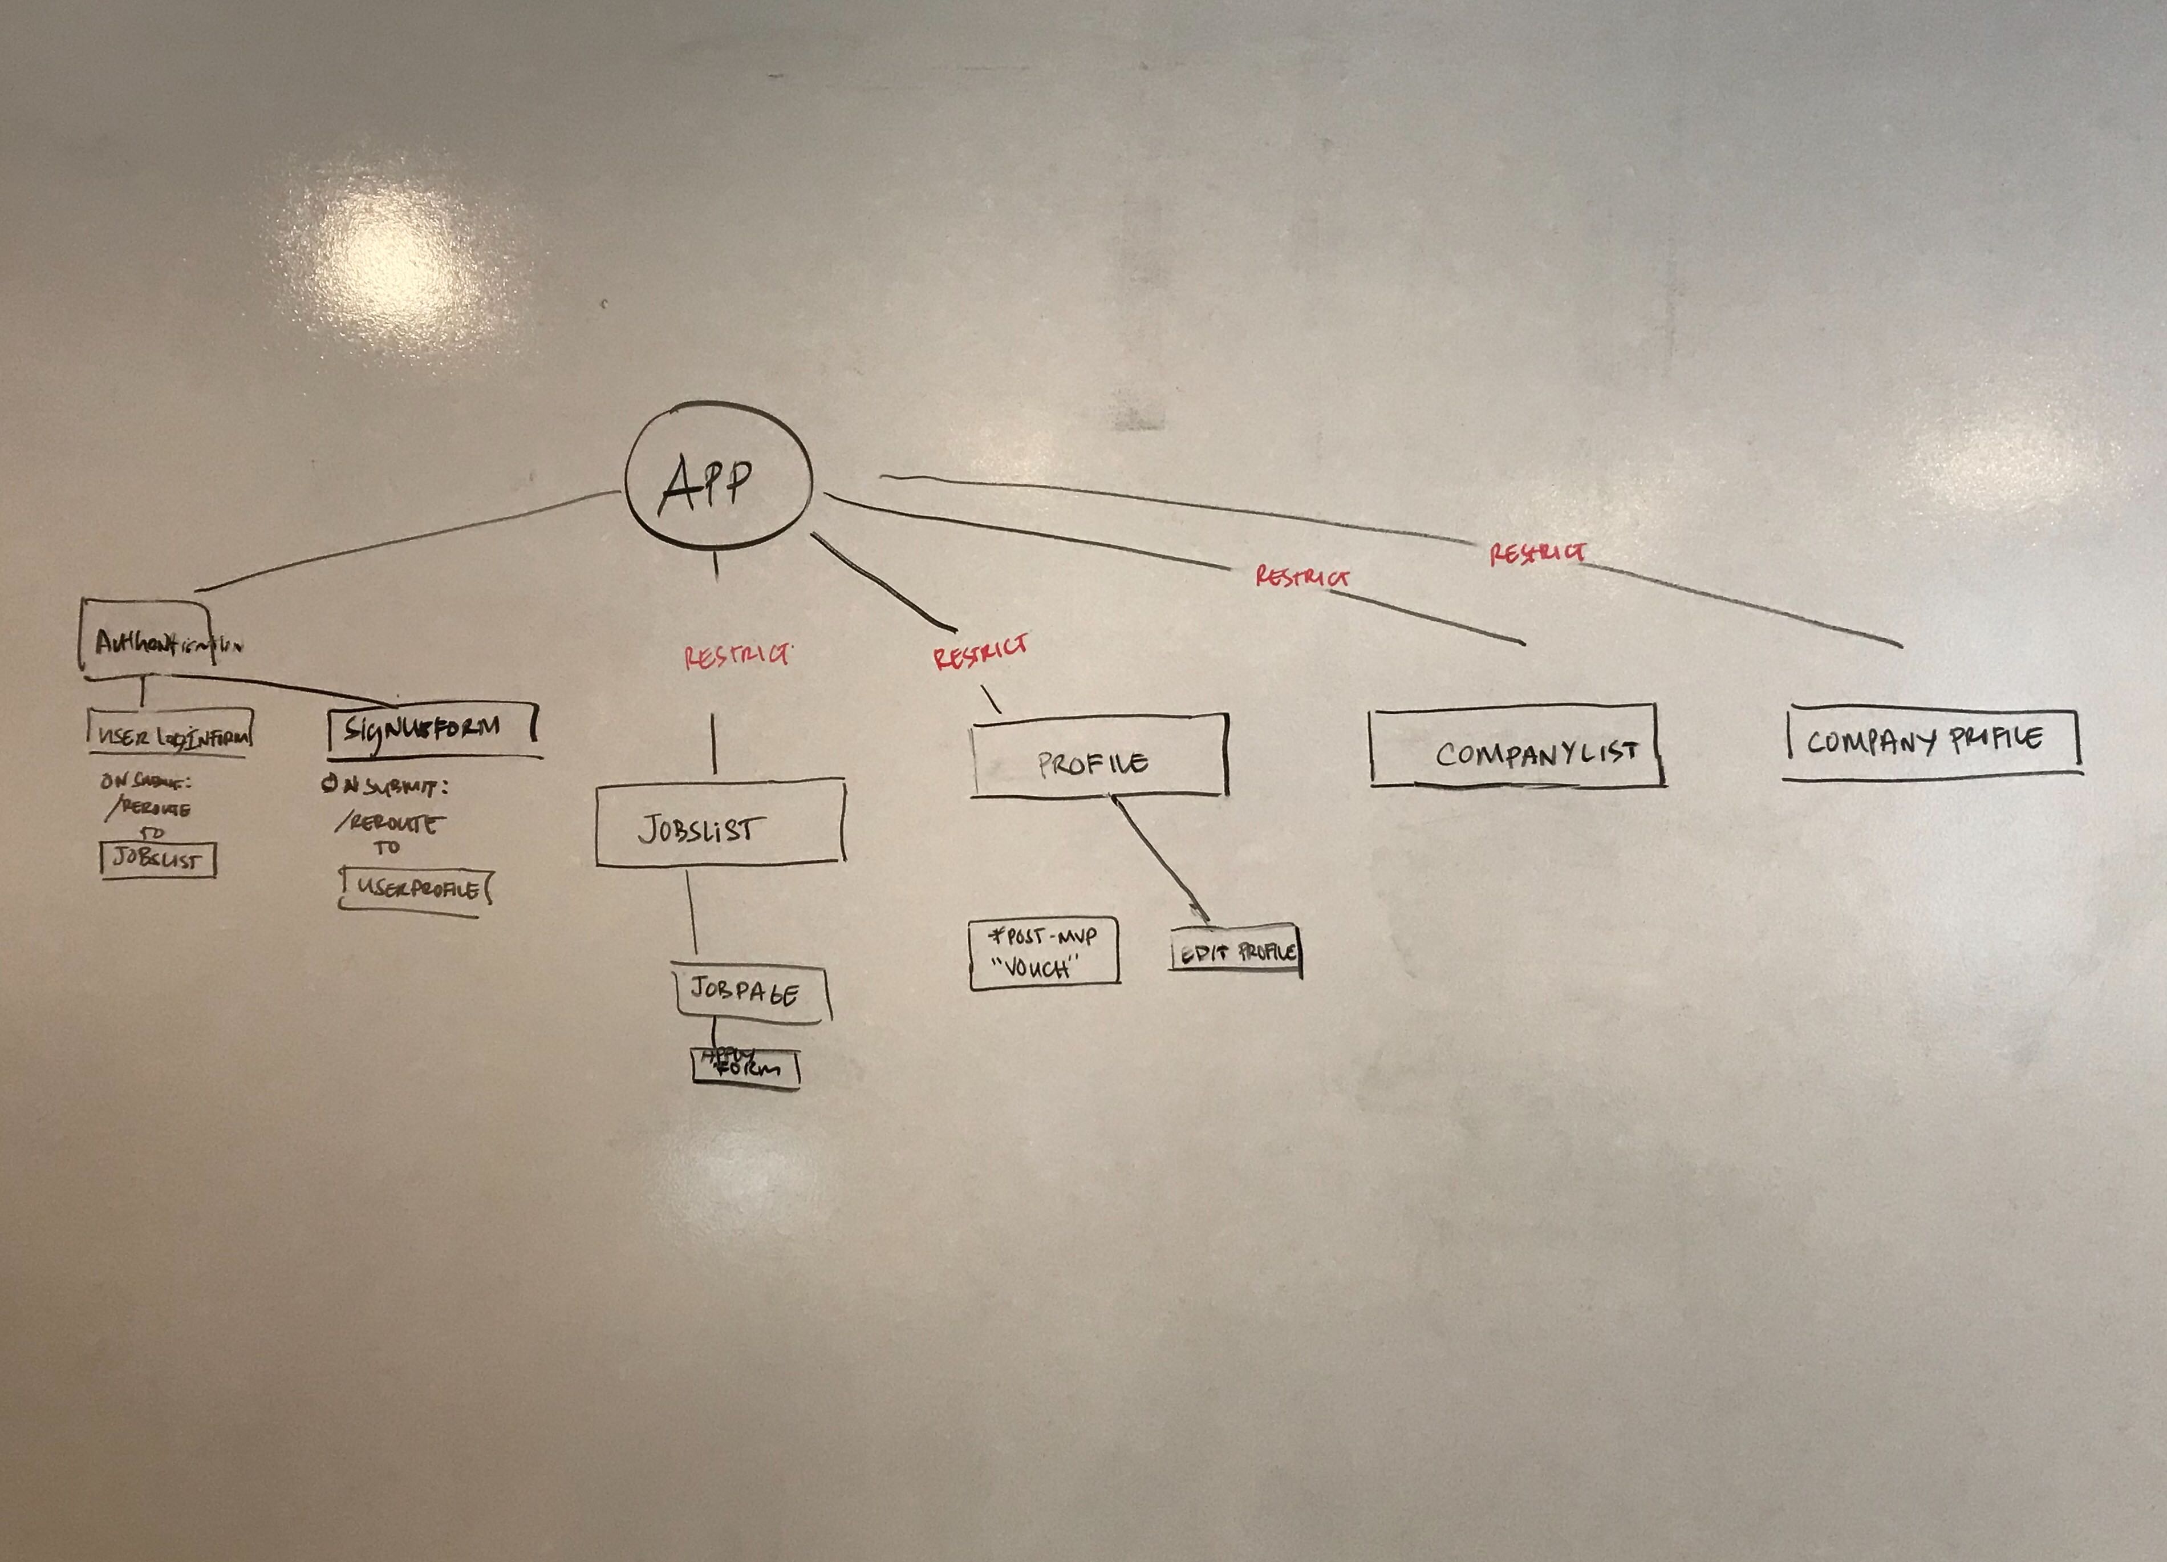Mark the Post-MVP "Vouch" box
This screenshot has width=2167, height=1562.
[1044, 953]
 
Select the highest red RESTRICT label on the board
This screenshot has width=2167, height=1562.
[1537, 553]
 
